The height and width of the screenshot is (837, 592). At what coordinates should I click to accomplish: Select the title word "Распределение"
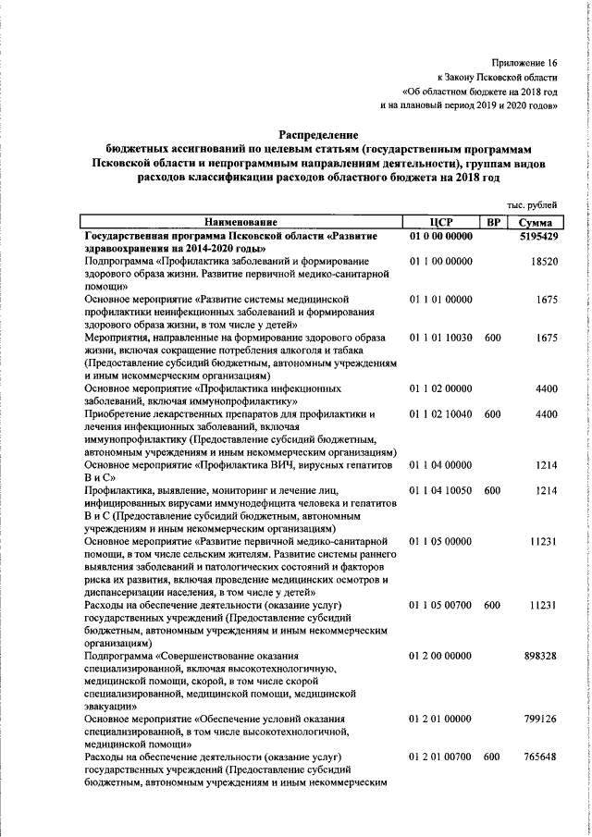pos(318,134)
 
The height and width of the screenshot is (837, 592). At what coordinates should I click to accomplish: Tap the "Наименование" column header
pos(241,223)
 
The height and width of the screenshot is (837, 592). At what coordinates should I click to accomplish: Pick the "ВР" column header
pos(494,223)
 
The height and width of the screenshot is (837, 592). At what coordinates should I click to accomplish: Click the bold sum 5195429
pos(536,237)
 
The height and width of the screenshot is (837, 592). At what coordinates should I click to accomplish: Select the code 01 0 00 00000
pos(441,237)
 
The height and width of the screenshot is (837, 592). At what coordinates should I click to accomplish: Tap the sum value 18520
pos(543,263)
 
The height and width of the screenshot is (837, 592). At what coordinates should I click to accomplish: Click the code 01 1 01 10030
pos(441,338)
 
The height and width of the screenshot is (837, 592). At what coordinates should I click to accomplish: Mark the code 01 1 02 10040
pos(441,414)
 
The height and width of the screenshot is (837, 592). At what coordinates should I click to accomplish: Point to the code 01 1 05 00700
pos(441,605)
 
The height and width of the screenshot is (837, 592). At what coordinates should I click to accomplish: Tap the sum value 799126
pos(539,719)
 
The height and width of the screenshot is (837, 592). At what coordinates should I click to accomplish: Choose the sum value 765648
pos(539,757)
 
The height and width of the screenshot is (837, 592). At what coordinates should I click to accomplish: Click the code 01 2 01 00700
pos(441,757)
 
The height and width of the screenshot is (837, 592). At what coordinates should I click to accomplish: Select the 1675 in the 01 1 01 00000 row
pos(546,301)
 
